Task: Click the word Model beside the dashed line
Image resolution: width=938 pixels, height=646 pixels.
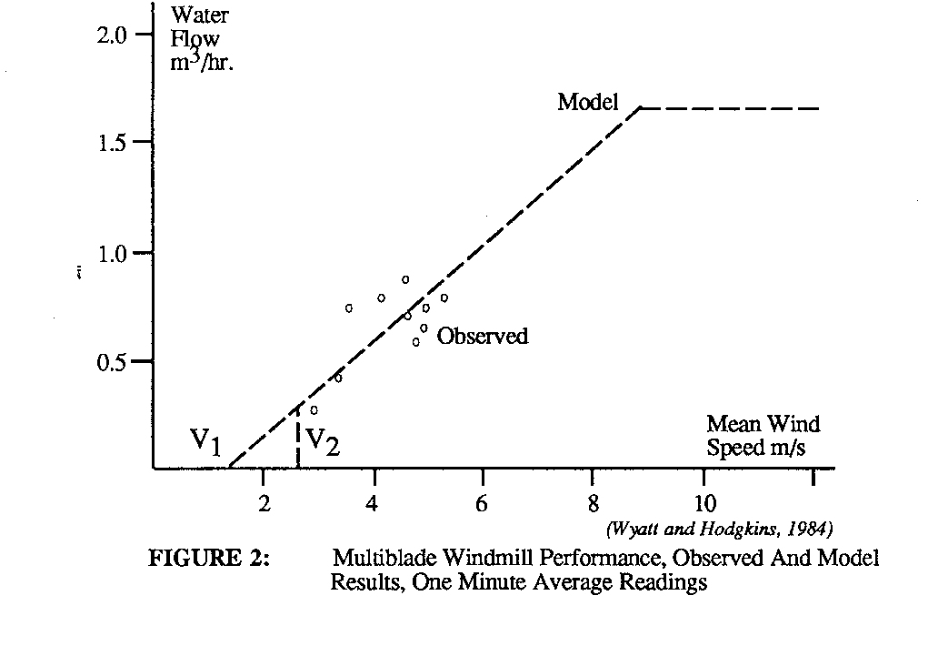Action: (x=588, y=102)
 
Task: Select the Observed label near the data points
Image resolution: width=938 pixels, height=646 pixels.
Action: (x=482, y=337)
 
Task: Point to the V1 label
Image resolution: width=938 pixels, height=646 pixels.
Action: (x=205, y=442)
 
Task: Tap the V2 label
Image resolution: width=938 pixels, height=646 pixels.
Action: (x=323, y=442)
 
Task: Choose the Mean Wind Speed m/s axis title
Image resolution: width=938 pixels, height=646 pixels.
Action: (x=763, y=436)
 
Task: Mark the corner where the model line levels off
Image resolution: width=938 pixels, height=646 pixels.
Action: (x=642, y=108)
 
